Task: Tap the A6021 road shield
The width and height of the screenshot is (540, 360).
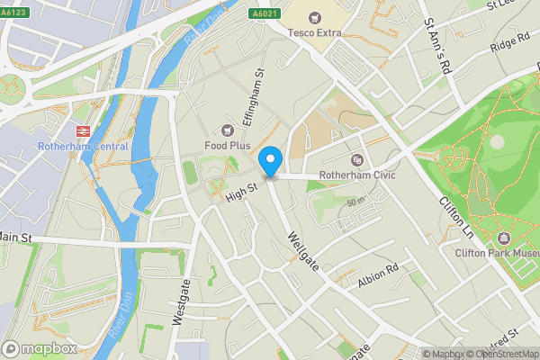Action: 265,15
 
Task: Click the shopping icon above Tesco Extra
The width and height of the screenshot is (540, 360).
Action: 315,17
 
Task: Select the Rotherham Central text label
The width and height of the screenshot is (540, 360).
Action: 83,146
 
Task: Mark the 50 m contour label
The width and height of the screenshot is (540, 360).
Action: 356,202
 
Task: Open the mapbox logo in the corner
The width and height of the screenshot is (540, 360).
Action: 39,348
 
